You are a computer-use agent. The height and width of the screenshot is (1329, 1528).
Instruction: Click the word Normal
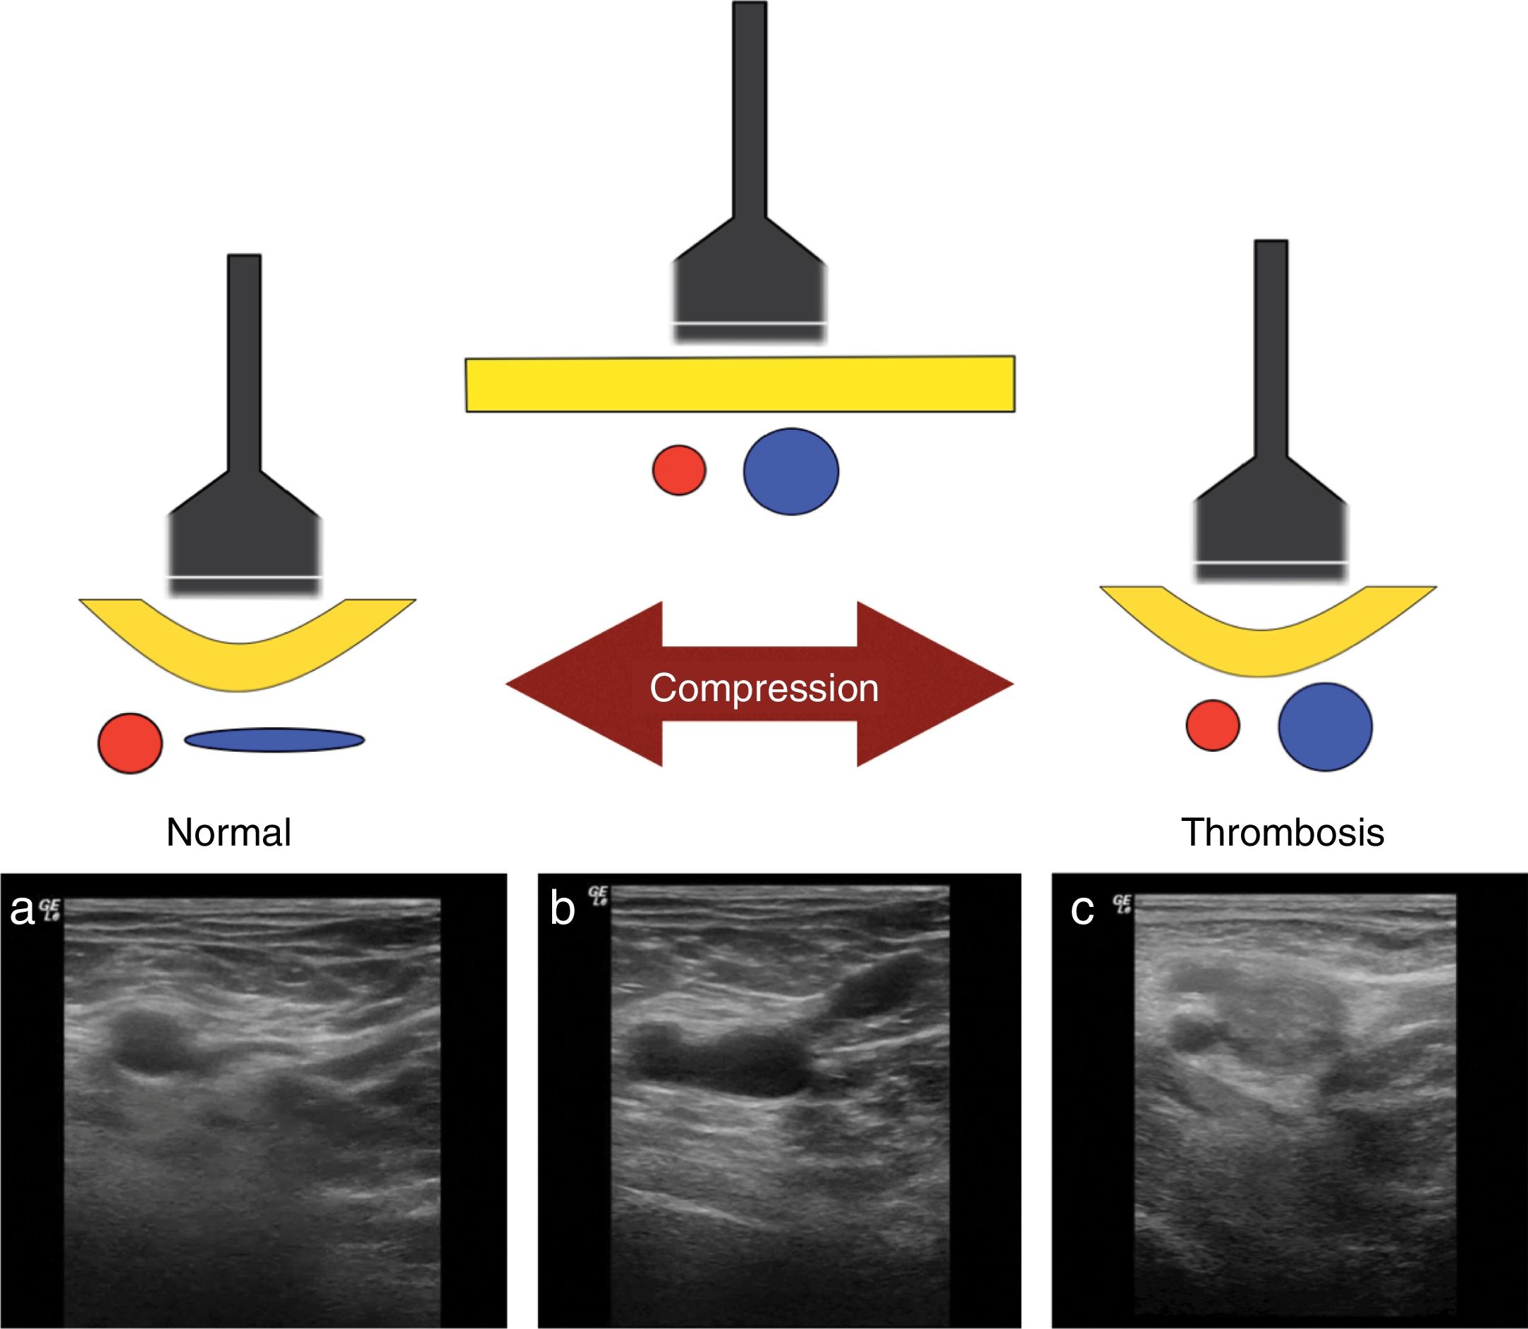(x=228, y=833)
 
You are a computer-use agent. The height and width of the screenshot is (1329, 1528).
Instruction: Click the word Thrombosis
(x=1283, y=833)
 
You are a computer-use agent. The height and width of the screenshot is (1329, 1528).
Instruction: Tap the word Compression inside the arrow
(x=764, y=688)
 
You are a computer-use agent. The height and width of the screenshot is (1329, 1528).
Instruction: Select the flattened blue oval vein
(x=274, y=739)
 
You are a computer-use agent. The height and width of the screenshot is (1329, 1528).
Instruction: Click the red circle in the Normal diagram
(x=130, y=743)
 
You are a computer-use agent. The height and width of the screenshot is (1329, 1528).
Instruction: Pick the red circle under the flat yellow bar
(x=679, y=470)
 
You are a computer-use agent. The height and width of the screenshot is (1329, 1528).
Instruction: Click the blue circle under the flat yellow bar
(x=791, y=471)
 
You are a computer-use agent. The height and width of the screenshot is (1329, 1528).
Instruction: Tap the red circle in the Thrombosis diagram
(x=1213, y=724)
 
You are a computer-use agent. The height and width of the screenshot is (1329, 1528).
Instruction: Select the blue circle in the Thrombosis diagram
(x=1325, y=727)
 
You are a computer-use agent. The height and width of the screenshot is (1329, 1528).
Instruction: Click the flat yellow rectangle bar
(x=740, y=384)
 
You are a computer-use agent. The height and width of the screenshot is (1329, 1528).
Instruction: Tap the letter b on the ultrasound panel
(x=562, y=909)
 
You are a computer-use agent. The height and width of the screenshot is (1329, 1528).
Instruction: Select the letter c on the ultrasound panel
(x=1082, y=910)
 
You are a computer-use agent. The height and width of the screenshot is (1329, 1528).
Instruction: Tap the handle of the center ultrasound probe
(x=750, y=111)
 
